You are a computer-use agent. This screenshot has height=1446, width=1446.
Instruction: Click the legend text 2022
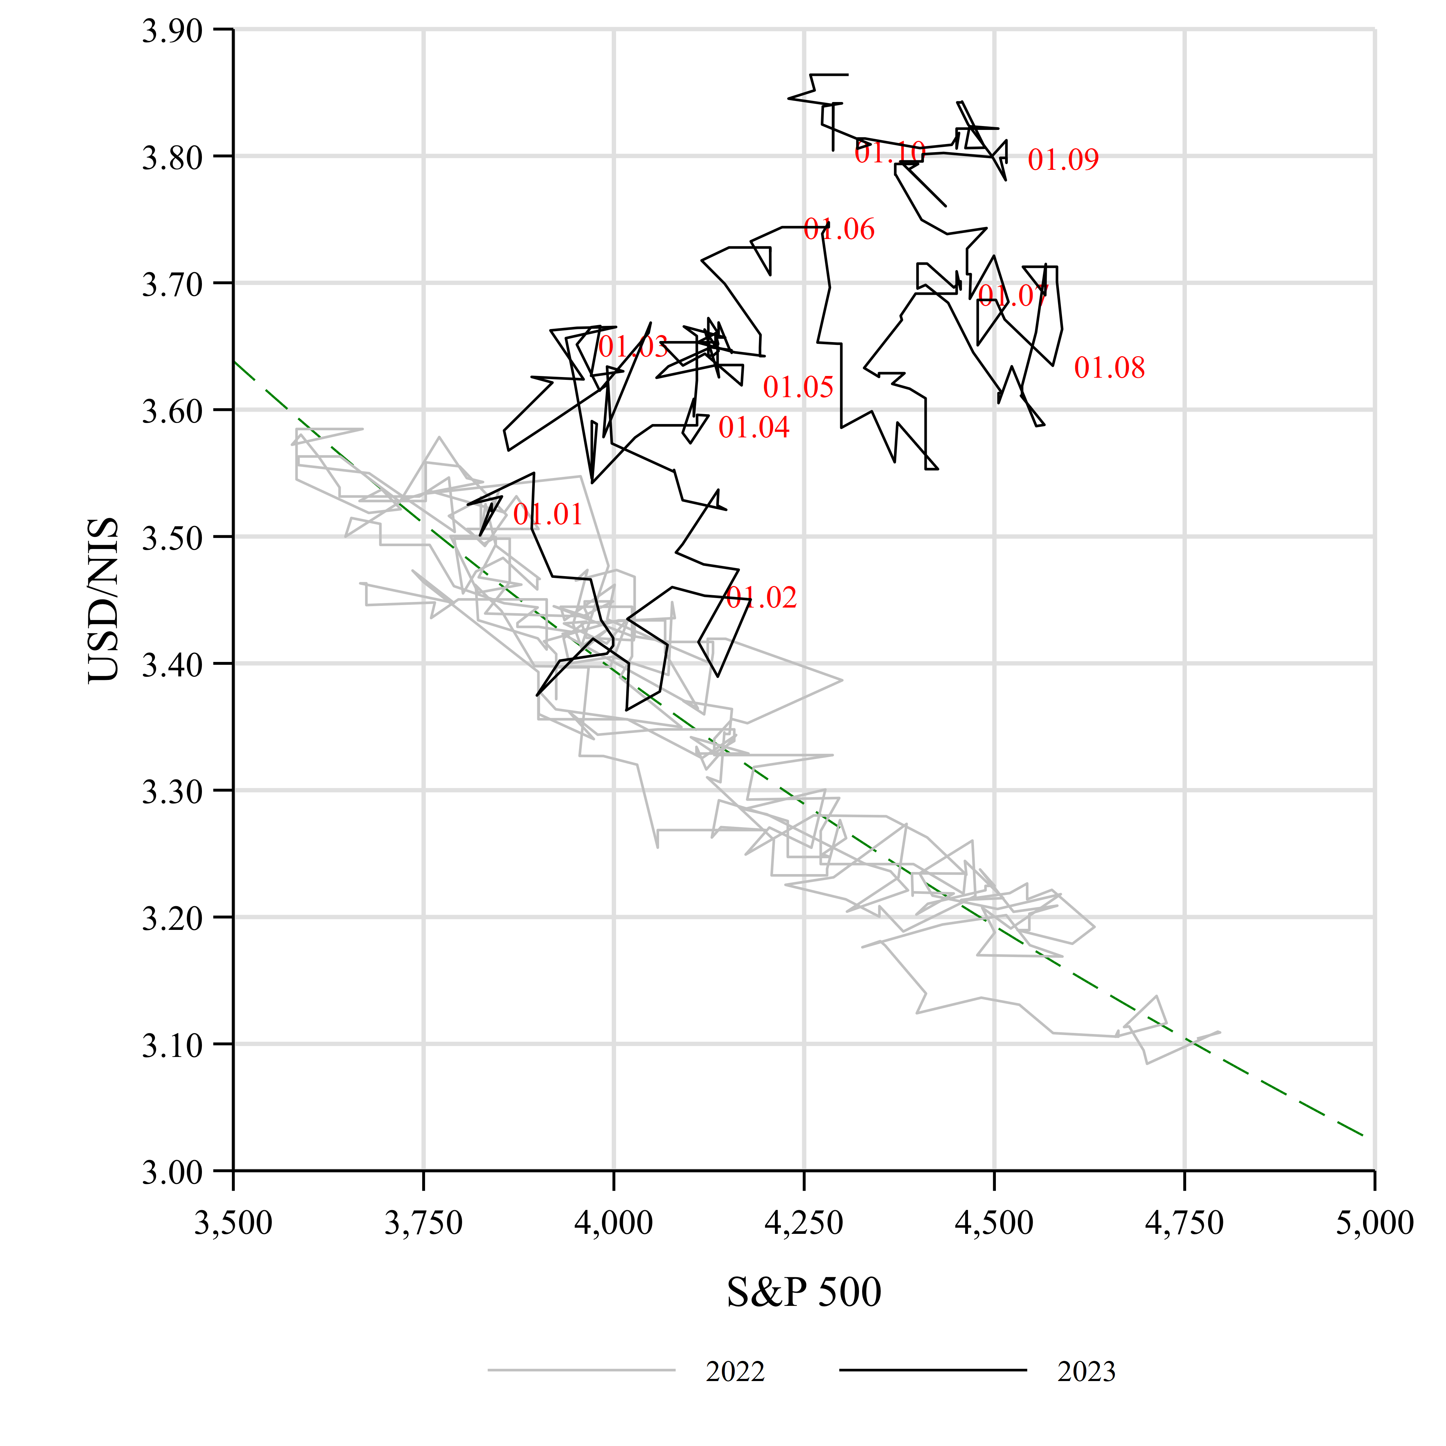point(735,1372)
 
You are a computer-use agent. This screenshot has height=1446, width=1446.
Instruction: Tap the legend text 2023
point(1086,1372)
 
